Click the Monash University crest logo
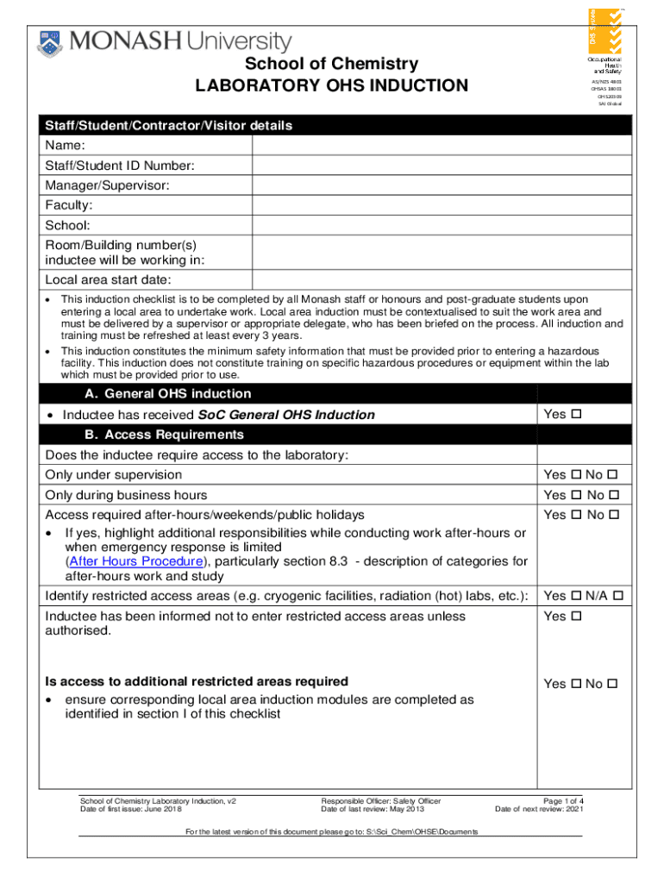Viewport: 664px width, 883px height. (50, 43)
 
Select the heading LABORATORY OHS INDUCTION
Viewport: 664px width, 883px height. (331, 85)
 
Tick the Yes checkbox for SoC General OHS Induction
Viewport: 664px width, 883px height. (577, 415)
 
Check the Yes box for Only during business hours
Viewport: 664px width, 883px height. (577, 495)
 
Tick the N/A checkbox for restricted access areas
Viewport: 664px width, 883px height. (618, 596)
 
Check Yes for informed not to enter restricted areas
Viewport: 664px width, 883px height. (577, 617)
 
